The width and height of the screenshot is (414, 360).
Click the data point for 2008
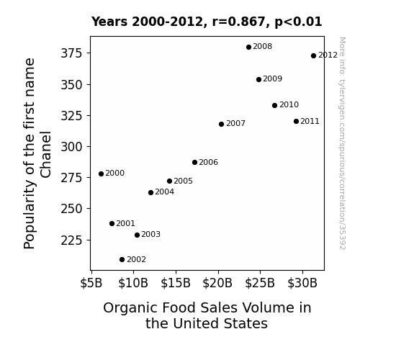(x=248, y=48)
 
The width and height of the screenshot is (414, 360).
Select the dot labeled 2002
(x=122, y=260)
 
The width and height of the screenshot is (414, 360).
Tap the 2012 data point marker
(x=313, y=55)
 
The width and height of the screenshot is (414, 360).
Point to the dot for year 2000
(x=101, y=174)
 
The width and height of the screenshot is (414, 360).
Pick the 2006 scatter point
(x=194, y=163)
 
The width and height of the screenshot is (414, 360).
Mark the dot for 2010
(x=274, y=105)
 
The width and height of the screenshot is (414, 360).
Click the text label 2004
(x=164, y=192)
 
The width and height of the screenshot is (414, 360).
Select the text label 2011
(x=310, y=121)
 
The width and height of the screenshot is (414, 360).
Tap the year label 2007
(x=235, y=123)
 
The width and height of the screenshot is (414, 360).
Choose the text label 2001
(x=126, y=223)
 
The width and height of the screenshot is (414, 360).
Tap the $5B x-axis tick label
(x=91, y=283)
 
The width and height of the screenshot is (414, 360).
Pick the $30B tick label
(x=302, y=283)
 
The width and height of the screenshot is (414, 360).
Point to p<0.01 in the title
(x=298, y=22)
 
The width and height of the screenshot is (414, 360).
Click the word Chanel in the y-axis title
(x=45, y=155)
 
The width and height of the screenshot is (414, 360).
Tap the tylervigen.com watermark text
(x=342, y=143)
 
